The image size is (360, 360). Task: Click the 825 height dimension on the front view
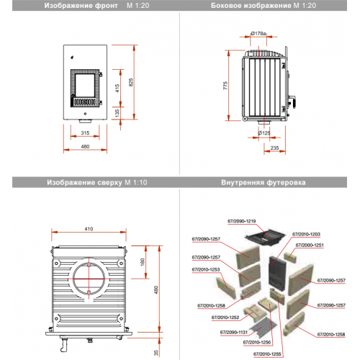131,82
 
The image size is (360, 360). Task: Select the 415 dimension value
117,89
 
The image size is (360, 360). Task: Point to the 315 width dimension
85,133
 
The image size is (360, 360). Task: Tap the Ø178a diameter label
258,34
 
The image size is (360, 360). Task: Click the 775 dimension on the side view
225,86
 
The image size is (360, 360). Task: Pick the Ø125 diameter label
264,133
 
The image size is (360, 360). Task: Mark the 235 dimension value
274,148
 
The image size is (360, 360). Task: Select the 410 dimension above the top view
89,229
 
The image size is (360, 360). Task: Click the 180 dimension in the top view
143,262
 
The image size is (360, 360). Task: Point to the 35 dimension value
156,353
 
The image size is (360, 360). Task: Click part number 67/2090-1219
242,221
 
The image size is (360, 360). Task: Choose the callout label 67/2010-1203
306,234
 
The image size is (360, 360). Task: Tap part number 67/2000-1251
310,245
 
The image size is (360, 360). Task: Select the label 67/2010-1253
206,269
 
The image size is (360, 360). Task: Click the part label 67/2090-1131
234,333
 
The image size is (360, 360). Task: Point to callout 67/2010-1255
267,354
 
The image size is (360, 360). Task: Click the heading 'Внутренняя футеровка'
264,183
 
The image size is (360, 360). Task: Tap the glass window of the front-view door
85,85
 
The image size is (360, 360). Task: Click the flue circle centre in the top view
89,279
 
